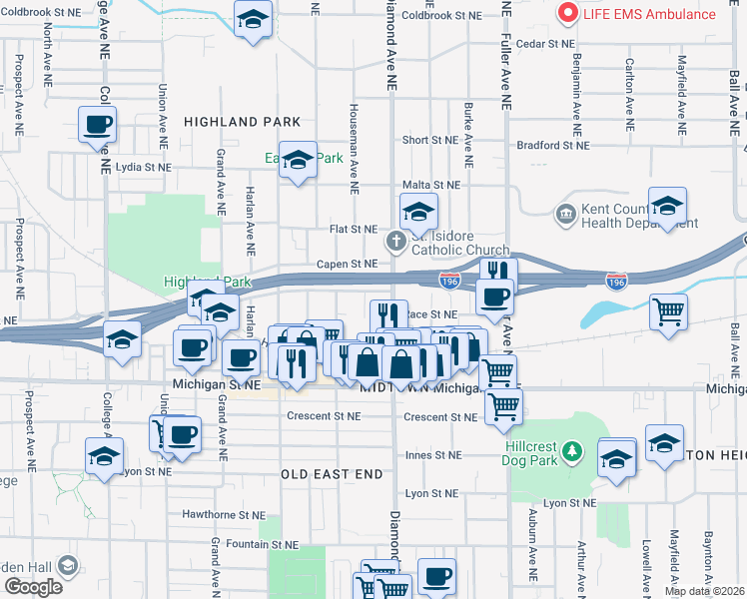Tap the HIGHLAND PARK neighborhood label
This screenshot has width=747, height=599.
(243, 122)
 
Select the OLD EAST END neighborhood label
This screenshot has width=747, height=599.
(332, 474)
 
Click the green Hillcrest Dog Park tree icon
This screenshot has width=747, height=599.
(572, 452)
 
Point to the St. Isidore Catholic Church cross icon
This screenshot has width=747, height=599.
(396, 242)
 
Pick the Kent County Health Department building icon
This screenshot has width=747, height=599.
(565, 213)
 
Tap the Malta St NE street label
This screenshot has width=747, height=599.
(430, 185)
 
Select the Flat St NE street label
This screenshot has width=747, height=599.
(352, 229)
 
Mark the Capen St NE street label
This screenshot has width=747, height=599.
(349, 264)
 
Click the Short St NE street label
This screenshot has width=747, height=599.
(429, 141)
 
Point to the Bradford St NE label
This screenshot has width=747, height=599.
(552, 145)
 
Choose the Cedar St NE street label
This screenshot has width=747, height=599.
(545, 44)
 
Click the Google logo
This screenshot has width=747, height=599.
(34, 587)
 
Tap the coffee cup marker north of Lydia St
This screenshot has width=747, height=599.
(98, 126)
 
